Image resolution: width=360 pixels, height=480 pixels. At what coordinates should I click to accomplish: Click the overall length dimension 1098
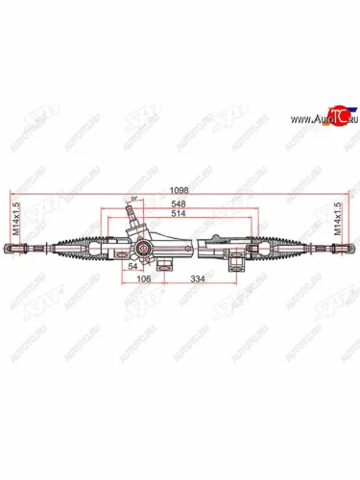coord(180,189)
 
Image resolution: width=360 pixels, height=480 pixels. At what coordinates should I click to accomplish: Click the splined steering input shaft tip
coord(131,208)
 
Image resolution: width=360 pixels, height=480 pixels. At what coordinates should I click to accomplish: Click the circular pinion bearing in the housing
coord(142,250)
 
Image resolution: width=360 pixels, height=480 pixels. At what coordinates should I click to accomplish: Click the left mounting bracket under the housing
coord(165,261)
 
